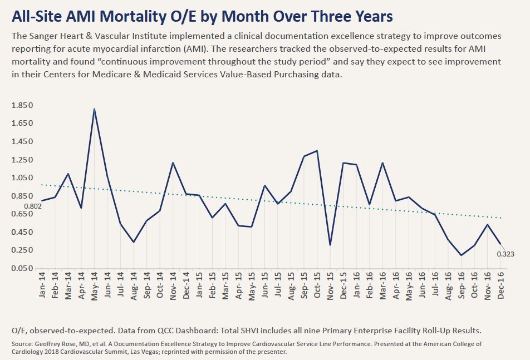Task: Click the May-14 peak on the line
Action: pyautogui.click(x=94, y=109)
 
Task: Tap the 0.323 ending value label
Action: pyautogui.click(x=506, y=254)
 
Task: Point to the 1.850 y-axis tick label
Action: pyautogui.click(x=22, y=105)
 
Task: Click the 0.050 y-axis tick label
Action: pyautogui.click(x=22, y=269)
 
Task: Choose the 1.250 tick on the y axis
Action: pyautogui.click(x=22, y=160)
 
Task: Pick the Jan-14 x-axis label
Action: pyautogui.click(x=42, y=285)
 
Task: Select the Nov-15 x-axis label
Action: pyautogui.click(x=331, y=285)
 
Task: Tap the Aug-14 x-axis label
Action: pyautogui.click(x=134, y=285)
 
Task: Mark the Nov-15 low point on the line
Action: pyautogui.click(x=331, y=245)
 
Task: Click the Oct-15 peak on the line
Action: pyautogui.click(x=317, y=151)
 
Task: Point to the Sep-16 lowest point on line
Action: pyautogui.click(x=462, y=255)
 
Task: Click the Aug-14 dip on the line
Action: pyautogui.click(x=134, y=242)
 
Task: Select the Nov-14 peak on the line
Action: pyautogui.click(x=173, y=163)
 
